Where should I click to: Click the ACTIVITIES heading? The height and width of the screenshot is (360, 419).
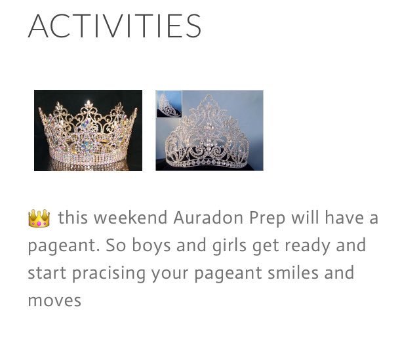115,26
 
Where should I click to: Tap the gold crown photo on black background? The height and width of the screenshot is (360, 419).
88,130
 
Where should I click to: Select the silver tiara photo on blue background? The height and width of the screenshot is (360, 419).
210,130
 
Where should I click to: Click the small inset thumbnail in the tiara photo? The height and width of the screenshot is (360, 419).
169,104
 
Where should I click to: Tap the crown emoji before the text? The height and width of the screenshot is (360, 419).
39,218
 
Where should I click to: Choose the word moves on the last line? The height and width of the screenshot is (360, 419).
54,301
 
